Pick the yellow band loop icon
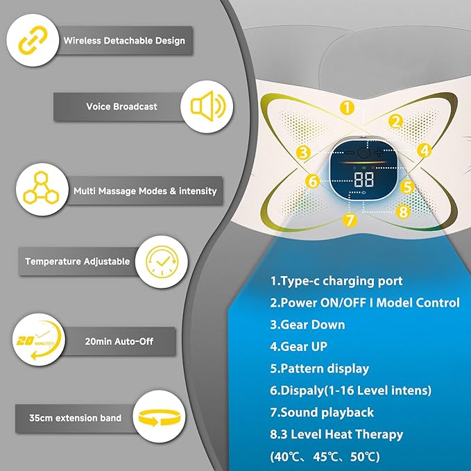pyautogui.click(x=161, y=418)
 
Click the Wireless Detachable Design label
pyautogui.click(x=124, y=41)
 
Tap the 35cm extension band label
pyautogui.click(x=75, y=418)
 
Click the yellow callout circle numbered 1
pyautogui.click(x=348, y=108)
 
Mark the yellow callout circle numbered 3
pyautogui.click(x=302, y=153)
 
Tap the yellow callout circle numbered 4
pyautogui.click(x=425, y=149)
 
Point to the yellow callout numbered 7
pyautogui.click(x=350, y=220)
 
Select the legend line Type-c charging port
pyautogui.click(x=336, y=281)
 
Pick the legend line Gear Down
pyautogui.click(x=307, y=325)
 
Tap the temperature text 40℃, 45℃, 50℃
pyautogui.click(x=325, y=456)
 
